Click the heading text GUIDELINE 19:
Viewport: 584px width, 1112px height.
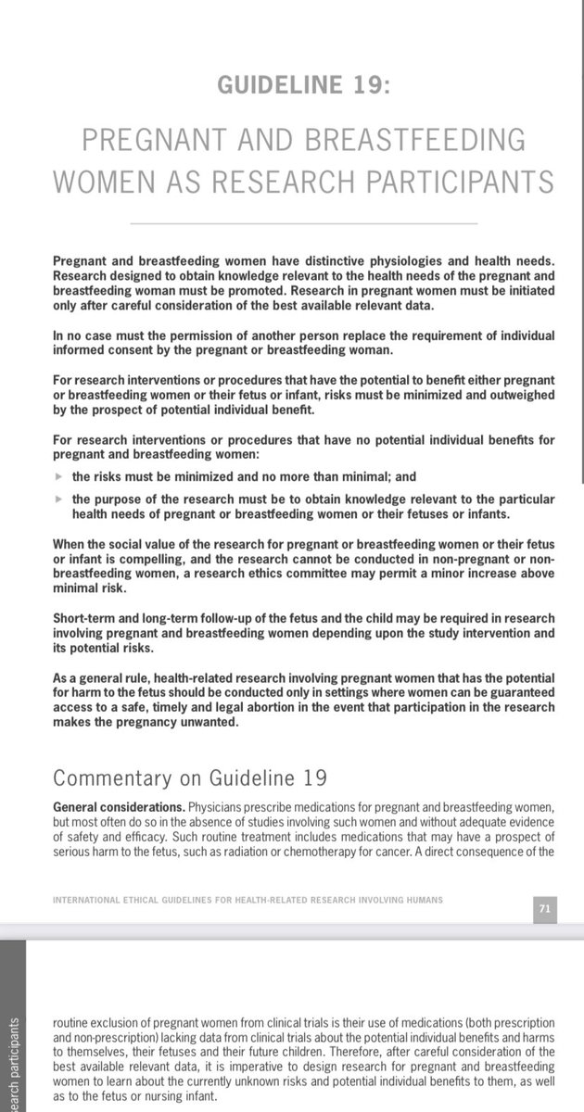303,85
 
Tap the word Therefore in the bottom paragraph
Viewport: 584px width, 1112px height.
356,1041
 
